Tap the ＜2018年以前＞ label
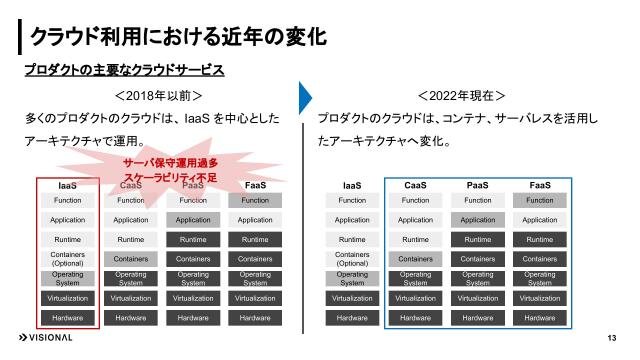point(160,97)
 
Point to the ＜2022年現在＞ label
point(461,97)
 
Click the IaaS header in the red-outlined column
point(67,186)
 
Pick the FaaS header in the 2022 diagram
point(540,186)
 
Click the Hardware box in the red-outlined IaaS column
point(67,318)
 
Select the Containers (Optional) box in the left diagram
point(67,259)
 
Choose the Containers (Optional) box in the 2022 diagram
point(352,259)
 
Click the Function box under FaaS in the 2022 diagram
point(540,201)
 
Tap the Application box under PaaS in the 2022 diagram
point(477,220)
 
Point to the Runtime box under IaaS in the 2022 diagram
point(352,240)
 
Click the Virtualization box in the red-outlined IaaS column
point(67,298)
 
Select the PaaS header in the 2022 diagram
point(477,186)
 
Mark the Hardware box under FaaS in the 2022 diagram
point(540,318)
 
